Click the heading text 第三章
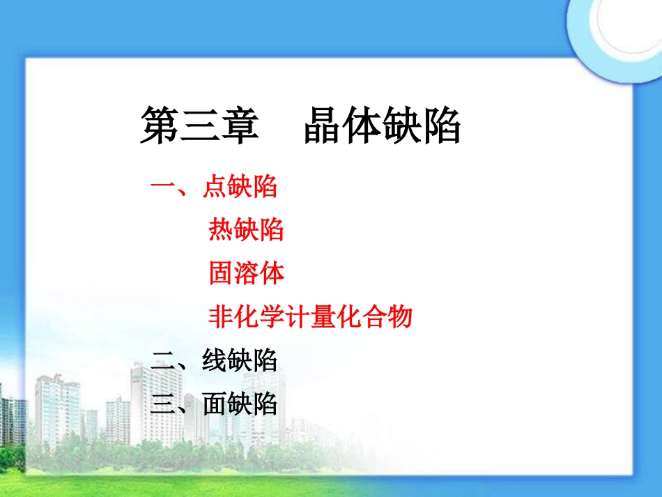click(x=199, y=125)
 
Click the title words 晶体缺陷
click(x=382, y=125)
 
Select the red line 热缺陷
click(x=246, y=229)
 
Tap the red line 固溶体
click(x=246, y=273)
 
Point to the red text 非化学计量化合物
click(x=310, y=317)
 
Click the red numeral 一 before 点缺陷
click(x=162, y=187)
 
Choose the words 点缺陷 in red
click(x=240, y=187)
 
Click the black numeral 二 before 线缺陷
click(x=162, y=360)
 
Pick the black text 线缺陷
click(x=240, y=360)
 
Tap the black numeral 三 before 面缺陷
click(x=162, y=404)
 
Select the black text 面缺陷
click(x=240, y=404)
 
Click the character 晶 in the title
click(x=323, y=125)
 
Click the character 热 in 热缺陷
click(x=221, y=229)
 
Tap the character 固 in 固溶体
click(x=221, y=273)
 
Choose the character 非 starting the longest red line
click(x=220, y=317)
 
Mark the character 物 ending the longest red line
click(x=400, y=317)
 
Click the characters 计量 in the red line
click(x=310, y=317)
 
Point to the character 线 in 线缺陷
click(x=215, y=360)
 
